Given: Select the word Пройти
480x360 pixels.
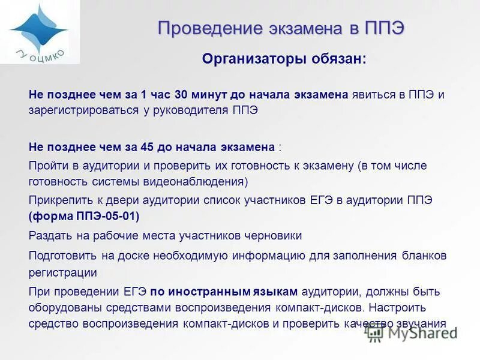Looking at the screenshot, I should (x=47, y=165).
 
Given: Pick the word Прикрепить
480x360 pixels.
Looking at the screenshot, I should (x=58, y=200).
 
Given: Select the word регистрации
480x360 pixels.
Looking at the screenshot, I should (x=62, y=272).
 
